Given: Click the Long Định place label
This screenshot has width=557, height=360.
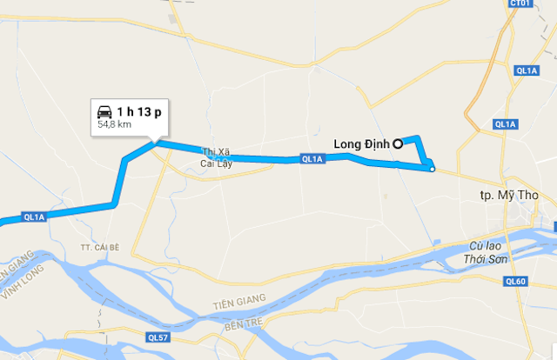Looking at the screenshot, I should [361, 144].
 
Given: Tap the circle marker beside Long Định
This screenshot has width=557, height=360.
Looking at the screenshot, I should [397, 144].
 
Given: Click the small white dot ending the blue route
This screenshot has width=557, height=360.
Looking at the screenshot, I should [432, 170].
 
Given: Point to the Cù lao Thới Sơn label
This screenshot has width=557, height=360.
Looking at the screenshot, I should [486, 252].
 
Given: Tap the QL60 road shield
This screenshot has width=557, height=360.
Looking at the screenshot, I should [515, 281].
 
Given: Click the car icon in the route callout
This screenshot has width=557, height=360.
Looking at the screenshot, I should [104, 112].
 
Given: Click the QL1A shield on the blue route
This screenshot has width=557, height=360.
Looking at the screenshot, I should [312, 159].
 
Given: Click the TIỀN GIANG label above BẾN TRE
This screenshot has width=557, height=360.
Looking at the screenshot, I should [237, 305].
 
